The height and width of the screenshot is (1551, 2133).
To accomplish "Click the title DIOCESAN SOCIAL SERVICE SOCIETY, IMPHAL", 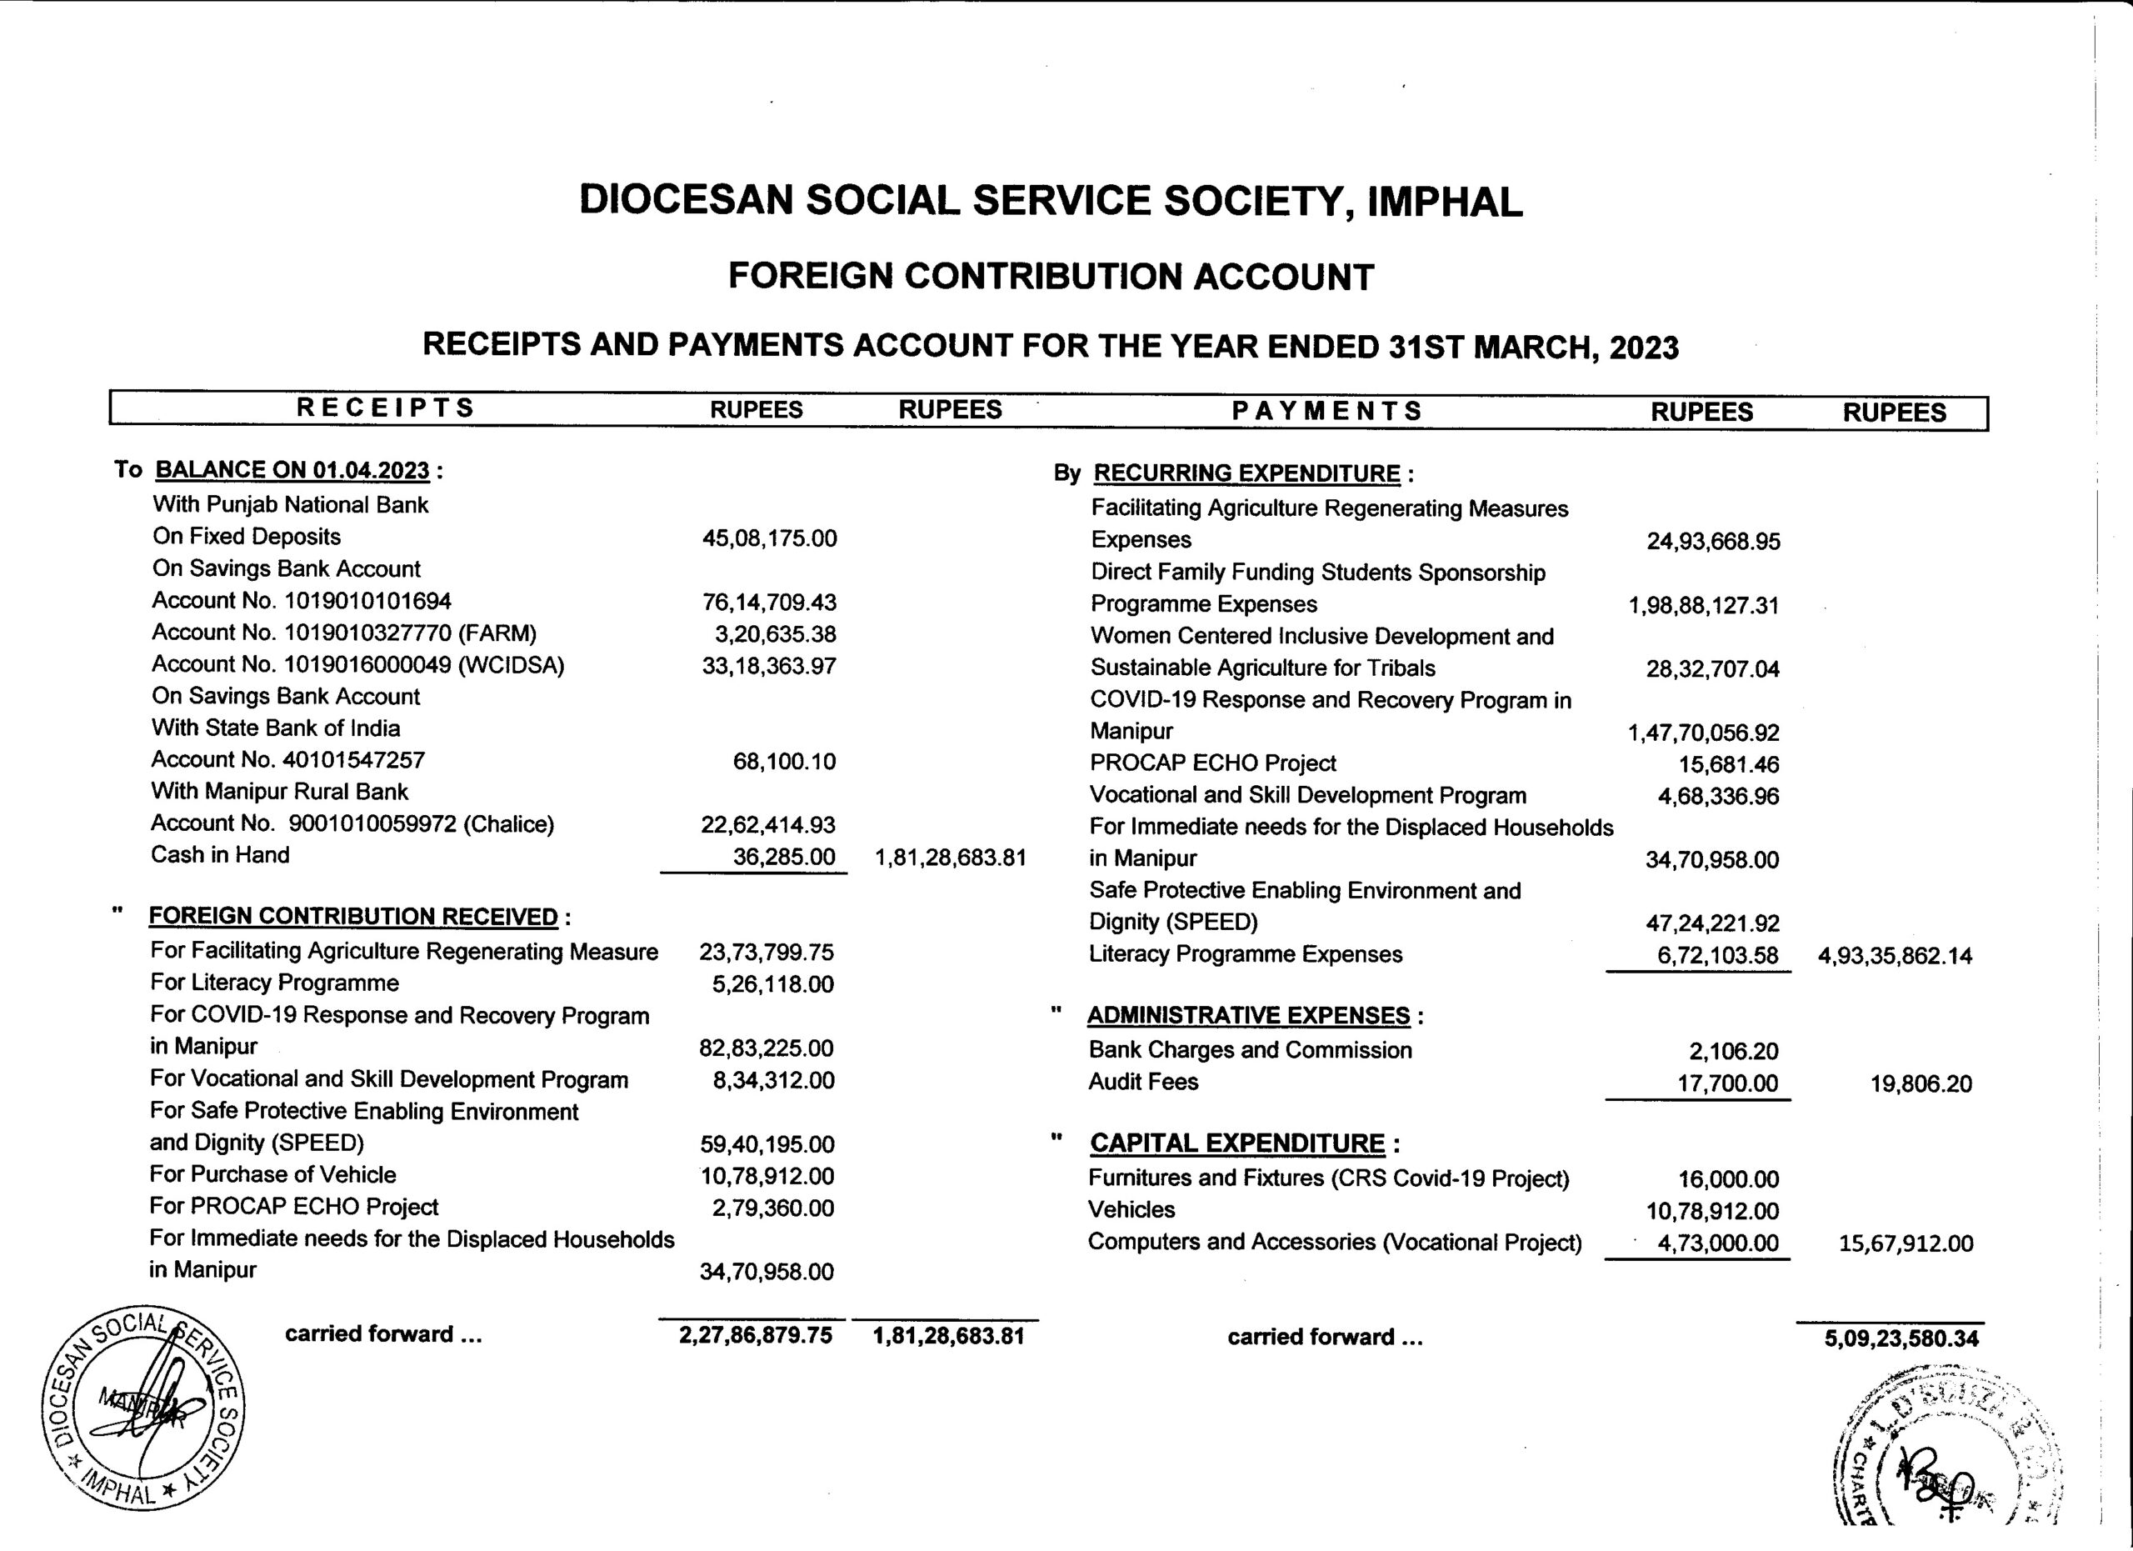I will pyautogui.click(x=1050, y=202).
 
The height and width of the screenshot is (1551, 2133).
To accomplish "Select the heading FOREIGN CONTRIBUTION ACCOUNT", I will pyautogui.click(x=1051, y=277).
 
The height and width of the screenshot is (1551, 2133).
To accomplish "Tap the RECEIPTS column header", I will pyautogui.click(x=386, y=408).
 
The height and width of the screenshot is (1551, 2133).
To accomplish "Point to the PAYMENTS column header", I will pyautogui.click(x=1327, y=411).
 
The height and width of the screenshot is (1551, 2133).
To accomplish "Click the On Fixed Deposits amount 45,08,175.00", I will pyautogui.click(x=768, y=539).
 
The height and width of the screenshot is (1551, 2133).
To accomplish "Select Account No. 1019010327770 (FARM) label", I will pyautogui.click(x=344, y=633).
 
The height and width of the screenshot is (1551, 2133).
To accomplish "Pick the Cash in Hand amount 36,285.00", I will pyautogui.click(x=783, y=857).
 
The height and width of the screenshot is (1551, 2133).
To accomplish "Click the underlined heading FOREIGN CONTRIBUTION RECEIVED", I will pyautogui.click(x=353, y=916).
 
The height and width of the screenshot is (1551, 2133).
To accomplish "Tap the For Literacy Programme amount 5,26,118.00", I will pyautogui.click(x=772, y=985).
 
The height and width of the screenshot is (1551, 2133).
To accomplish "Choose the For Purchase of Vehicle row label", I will pyautogui.click(x=272, y=1175).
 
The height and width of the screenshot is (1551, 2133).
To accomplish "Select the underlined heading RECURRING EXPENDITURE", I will pyautogui.click(x=1246, y=473).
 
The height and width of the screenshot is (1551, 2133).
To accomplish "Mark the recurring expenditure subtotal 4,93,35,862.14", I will pyautogui.click(x=1894, y=957).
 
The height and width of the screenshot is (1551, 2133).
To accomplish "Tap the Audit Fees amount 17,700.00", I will pyautogui.click(x=1728, y=1083).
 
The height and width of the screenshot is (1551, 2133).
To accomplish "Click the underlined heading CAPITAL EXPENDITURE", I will pyautogui.click(x=1236, y=1143).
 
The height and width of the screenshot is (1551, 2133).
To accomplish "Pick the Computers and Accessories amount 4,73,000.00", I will pyautogui.click(x=1717, y=1243).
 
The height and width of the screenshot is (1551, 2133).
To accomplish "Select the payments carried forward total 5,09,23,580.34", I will pyautogui.click(x=1901, y=1339).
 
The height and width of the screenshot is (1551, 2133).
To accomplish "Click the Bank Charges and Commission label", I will pyautogui.click(x=1250, y=1051).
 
